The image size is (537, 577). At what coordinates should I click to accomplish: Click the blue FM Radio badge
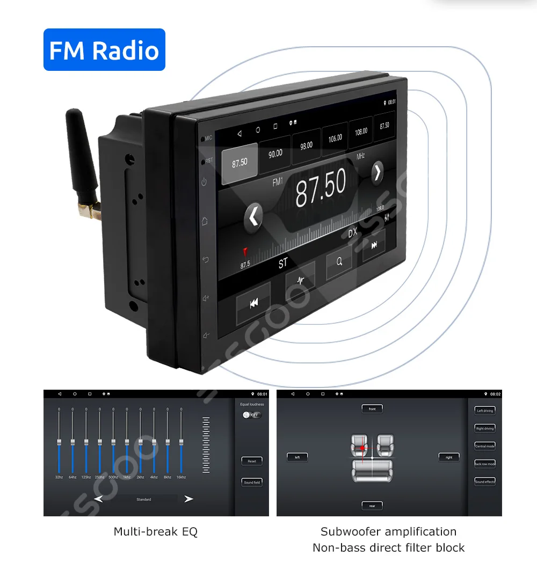click(x=104, y=50)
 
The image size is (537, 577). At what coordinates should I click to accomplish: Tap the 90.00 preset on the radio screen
click(x=275, y=154)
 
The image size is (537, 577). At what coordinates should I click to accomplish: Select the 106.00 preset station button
click(x=335, y=138)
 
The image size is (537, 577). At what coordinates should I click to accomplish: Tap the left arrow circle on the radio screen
click(x=253, y=217)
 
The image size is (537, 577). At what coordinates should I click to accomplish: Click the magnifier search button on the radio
click(x=339, y=262)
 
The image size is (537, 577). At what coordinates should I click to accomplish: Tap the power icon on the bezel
click(x=204, y=182)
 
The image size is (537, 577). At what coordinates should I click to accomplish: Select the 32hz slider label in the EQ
click(x=59, y=477)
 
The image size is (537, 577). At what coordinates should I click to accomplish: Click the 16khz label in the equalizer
click(x=181, y=477)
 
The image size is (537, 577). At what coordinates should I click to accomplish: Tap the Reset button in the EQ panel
click(x=252, y=461)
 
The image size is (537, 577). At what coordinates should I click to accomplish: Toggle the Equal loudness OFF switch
click(x=252, y=415)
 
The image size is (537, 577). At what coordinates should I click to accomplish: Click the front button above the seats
click(x=372, y=409)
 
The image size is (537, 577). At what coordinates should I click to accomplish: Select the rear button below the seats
click(x=372, y=506)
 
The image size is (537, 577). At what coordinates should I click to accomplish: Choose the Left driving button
click(x=485, y=411)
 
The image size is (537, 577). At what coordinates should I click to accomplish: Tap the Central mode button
click(x=485, y=446)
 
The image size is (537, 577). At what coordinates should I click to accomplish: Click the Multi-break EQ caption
click(x=156, y=532)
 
